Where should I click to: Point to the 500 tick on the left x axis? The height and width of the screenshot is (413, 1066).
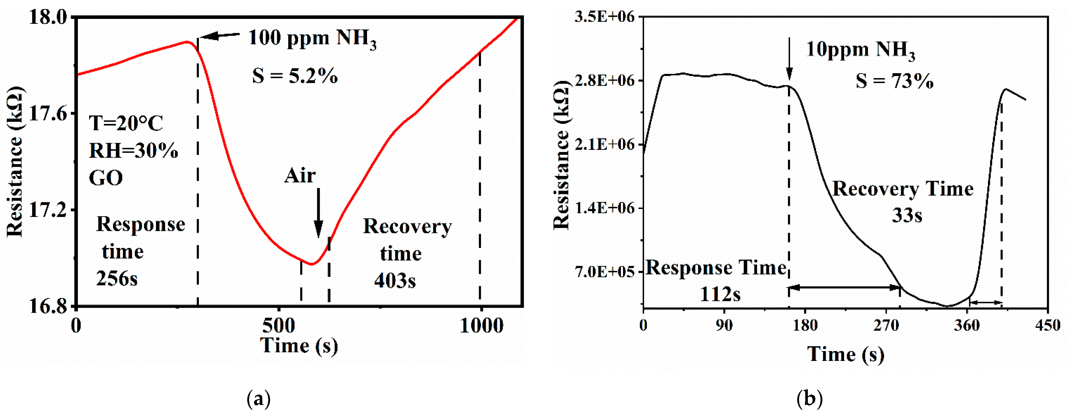point(279,326)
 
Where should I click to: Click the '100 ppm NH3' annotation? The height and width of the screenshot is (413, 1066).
point(313,39)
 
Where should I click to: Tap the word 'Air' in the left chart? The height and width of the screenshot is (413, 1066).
point(300,176)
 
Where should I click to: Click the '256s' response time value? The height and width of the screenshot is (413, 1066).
point(117,279)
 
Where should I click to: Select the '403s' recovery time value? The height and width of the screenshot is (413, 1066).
point(395,281)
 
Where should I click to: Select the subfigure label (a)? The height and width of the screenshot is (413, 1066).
point(259,399)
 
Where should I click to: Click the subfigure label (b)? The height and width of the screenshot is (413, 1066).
point(809,399)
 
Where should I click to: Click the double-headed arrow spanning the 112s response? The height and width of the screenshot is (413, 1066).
point(844,287)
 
